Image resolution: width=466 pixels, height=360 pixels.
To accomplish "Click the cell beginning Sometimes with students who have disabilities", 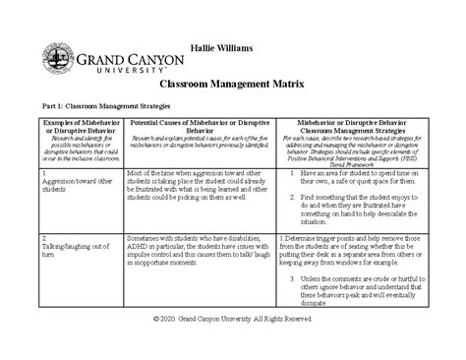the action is coord(199,254).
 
